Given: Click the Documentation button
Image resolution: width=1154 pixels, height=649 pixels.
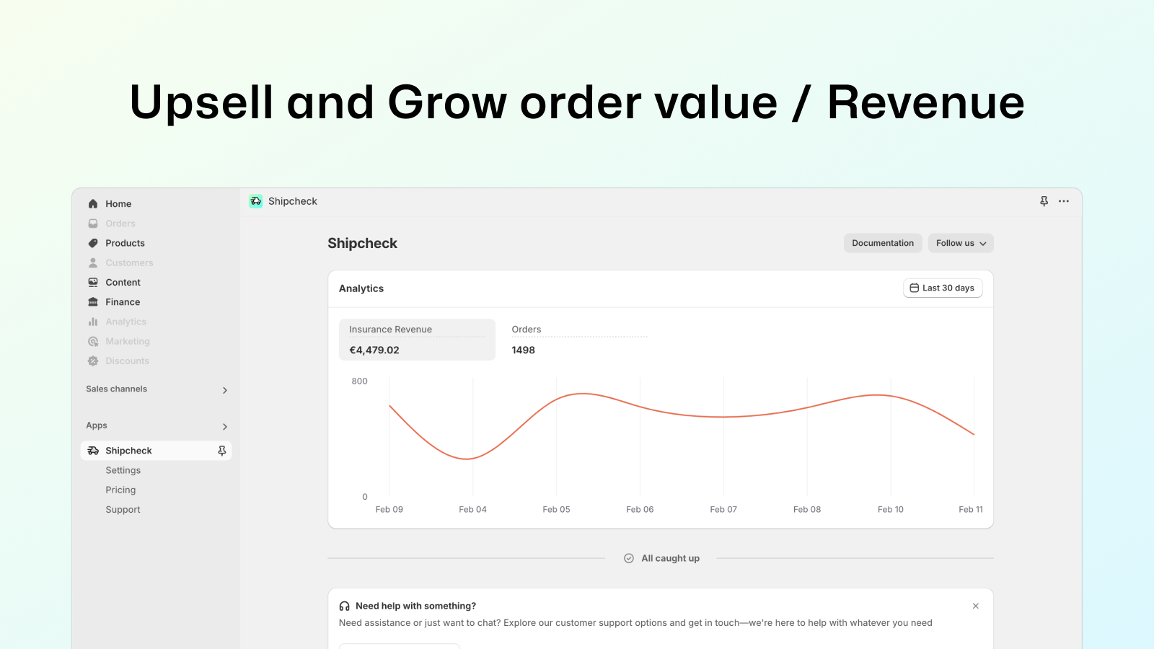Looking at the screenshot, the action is click(883, 243).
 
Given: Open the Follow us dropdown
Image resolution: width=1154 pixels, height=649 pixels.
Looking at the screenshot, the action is click(961, 243).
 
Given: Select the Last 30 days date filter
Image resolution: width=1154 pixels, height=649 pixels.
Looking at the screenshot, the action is click(943, 288).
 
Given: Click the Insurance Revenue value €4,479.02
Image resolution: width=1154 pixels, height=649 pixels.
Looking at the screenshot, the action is click(374, 350).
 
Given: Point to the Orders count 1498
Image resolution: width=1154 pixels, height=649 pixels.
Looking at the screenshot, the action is click(523, 350).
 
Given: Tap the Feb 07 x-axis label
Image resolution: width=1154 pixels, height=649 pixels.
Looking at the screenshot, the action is click(723, 509).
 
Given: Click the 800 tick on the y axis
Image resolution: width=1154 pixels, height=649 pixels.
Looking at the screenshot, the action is click(360, 381).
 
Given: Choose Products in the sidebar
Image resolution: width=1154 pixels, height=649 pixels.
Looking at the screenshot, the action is click(125, 243).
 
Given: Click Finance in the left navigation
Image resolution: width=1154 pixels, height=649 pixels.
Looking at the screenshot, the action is click(123, 302).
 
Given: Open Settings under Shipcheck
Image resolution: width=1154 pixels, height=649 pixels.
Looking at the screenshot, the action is click(123, 470).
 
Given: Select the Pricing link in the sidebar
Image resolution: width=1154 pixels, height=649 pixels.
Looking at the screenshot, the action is click(120, 490).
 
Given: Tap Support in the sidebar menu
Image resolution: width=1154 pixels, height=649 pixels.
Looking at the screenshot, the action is click(123, 509).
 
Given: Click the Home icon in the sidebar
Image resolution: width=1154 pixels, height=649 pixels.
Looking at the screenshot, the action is click(93, 204).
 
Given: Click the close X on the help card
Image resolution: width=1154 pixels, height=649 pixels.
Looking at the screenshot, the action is click(976, 606).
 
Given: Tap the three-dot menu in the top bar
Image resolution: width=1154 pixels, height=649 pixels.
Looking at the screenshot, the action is click(1064, 201).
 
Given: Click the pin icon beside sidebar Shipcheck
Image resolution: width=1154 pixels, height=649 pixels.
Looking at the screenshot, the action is click(222, 451).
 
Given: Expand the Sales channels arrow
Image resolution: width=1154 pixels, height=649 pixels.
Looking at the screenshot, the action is click(224, 390).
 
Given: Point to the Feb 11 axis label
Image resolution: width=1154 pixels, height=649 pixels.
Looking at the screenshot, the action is click(971, 509).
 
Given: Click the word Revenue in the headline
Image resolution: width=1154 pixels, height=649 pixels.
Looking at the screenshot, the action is click(926, 102).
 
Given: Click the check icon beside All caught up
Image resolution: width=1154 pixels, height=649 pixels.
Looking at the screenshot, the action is click(628, 558).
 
